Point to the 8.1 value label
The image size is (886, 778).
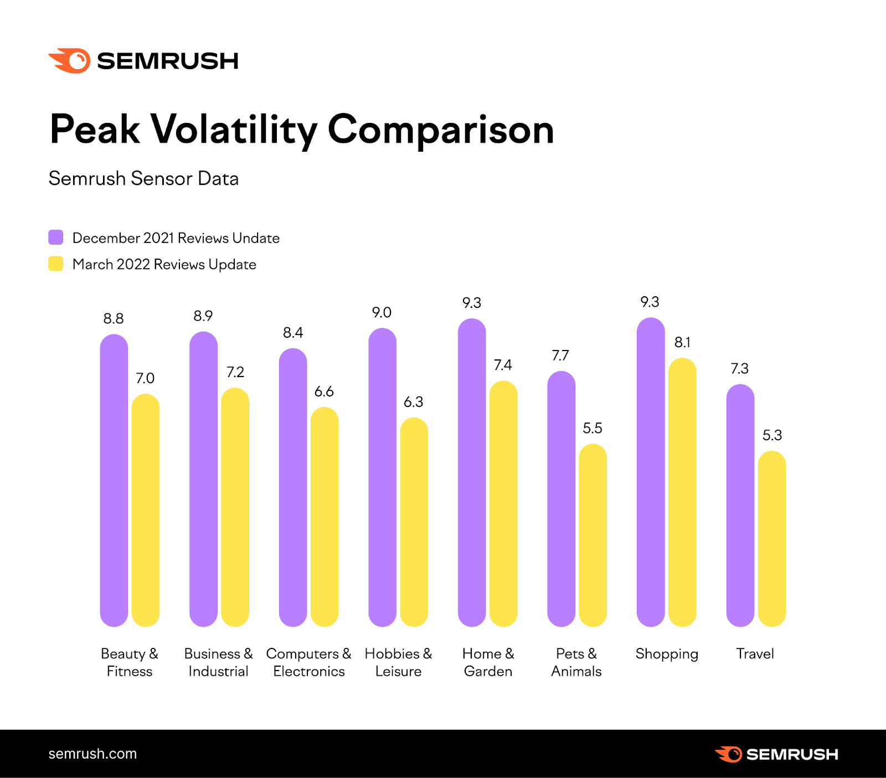[682, 343]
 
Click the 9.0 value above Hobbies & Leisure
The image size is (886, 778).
[382, 313]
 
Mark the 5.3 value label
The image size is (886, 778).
[772, 435]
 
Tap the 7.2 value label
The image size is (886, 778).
[235, 372]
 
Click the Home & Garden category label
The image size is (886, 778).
[488, 662]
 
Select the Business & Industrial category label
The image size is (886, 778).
[218, 662]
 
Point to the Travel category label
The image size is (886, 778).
[755, 654]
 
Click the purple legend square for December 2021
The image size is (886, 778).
[56, 238]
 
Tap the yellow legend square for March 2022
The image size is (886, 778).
[56, 264]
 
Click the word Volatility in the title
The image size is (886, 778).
[234, 130]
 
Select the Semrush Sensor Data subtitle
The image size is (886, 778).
[143, 179]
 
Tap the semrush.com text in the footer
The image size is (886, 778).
[92, 754]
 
